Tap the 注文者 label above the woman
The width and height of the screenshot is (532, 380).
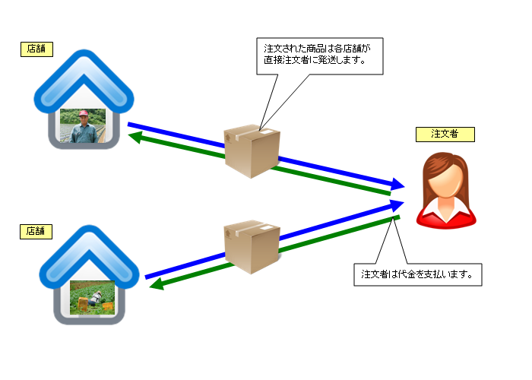(x=445, y=135)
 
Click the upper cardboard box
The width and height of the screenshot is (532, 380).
(x=253, y=150)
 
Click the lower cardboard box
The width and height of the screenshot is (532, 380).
(x=252, y=246)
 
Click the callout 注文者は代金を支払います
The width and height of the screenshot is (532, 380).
(x=418, y=274)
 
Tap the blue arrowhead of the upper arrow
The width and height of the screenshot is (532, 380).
(x=396, y=184)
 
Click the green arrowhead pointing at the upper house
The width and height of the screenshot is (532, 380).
(x=136, y=137)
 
